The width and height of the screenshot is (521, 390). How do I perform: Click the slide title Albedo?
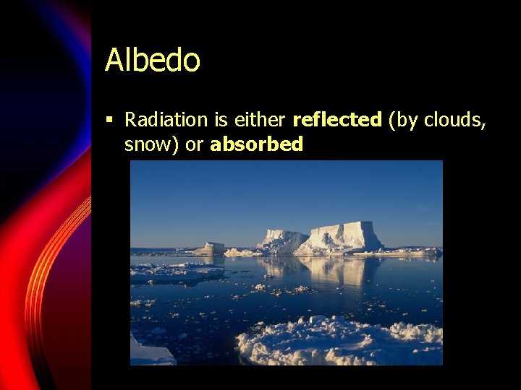tap(152, 60)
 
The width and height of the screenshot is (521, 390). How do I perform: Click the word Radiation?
tap(166, 119)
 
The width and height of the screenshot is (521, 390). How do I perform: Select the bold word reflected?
tap(336, 119)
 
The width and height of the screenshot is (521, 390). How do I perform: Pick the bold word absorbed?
tap(256, 144)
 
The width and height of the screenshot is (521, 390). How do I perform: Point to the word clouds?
tap(454, 119)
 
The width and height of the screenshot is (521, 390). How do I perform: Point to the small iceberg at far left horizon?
tap(212, 248)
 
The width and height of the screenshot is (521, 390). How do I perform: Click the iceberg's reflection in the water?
tap(326, 271)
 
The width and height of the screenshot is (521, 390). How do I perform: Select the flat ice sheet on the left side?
tap(174, 273)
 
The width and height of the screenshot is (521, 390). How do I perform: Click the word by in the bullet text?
tap(406, 119)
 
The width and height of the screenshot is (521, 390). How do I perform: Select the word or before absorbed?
tap(194, 144)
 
